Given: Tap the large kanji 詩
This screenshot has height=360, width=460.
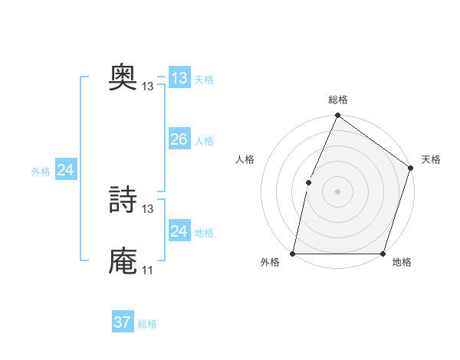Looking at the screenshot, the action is click(x=123, y=201).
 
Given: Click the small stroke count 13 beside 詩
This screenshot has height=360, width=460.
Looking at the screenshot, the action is click(x=148, y=208).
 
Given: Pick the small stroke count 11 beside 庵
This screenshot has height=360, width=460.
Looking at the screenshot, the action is click(x=148, y=270).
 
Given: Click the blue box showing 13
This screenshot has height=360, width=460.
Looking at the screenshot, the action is click(x=179, y=77).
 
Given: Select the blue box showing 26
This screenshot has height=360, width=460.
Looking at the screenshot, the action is click(x=179, y=139).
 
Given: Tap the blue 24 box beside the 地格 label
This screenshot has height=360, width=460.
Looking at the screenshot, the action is click(x=179, y=231).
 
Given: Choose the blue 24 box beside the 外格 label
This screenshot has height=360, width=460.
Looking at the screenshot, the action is click(x=66, y=170).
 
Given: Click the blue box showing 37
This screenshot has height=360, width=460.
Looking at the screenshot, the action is click(x=122, y=322).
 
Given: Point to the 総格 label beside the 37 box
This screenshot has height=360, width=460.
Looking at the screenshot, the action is click(x=147, y=324).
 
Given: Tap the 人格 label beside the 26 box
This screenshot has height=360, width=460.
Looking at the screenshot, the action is click(x=204, y=141).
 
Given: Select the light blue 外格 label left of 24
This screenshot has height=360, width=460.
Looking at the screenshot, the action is click(x=41, y=172).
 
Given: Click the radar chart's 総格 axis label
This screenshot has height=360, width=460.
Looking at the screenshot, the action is click(x=337, y=100).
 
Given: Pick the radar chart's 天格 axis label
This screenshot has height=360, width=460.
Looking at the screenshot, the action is click(x=431, y=159).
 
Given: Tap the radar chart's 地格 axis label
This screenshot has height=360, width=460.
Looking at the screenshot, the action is click(x=402, y=263).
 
